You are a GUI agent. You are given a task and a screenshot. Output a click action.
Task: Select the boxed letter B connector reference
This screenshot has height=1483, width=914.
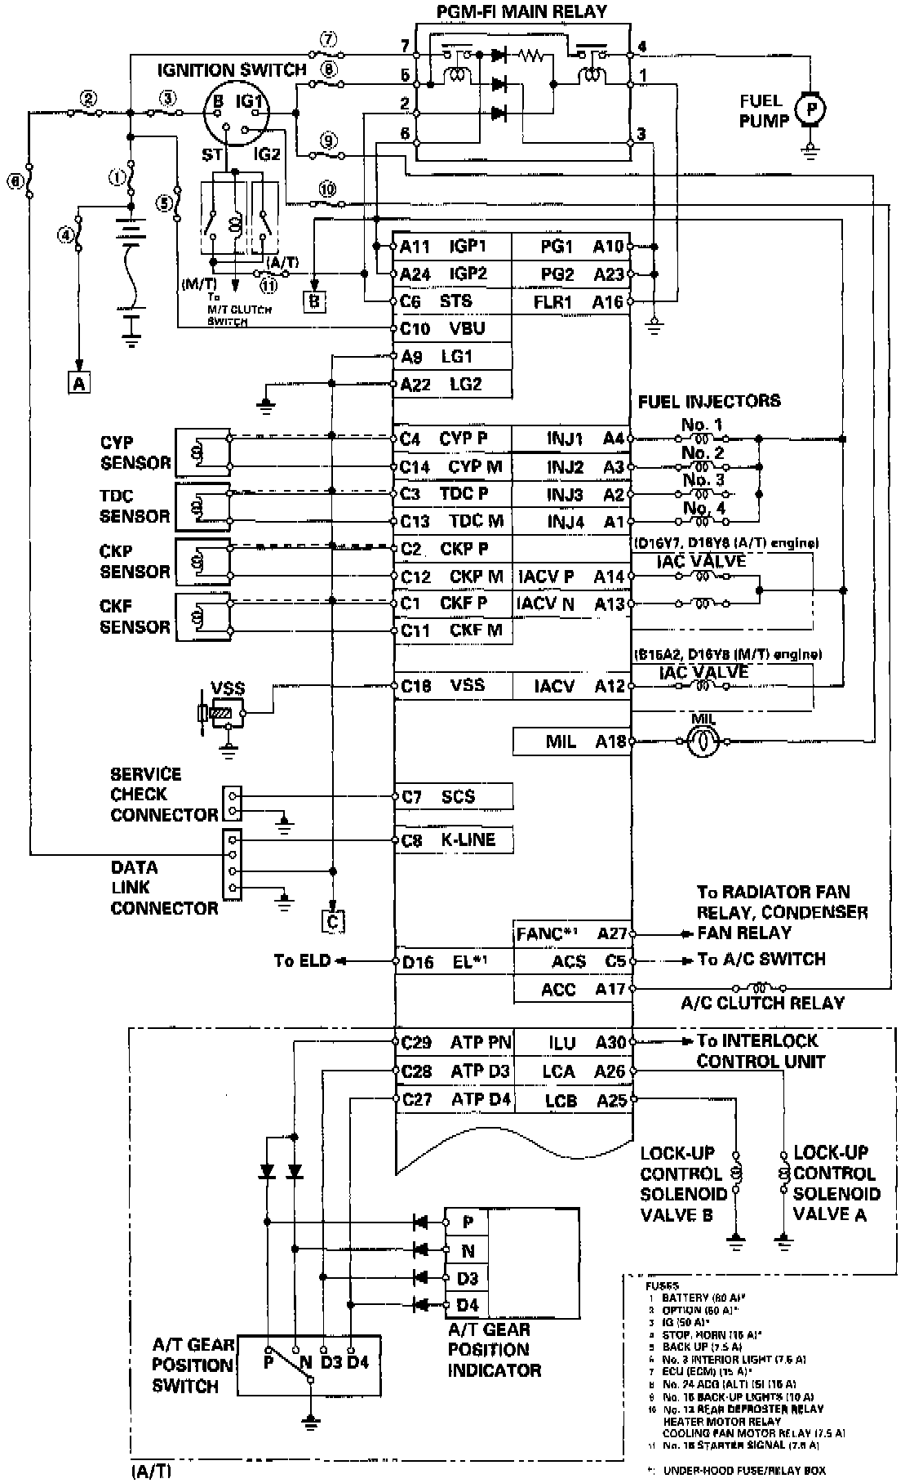314,301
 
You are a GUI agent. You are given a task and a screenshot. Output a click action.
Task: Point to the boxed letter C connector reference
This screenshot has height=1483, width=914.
332,920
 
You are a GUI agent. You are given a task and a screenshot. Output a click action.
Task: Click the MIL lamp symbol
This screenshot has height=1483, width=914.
701,741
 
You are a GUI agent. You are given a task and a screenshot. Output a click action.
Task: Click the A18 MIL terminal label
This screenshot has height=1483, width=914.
586,741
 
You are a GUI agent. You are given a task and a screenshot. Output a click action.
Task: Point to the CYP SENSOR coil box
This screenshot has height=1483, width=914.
202,452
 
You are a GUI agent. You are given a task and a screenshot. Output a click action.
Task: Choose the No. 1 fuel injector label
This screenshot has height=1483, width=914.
702,425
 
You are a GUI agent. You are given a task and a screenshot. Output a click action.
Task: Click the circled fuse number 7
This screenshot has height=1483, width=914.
328,39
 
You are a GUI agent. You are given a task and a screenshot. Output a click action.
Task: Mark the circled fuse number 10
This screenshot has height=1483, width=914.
328,189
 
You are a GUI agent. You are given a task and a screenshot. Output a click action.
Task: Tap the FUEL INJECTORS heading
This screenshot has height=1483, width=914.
708,401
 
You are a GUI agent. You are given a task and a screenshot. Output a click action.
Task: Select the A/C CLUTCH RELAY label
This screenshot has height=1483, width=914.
762,1003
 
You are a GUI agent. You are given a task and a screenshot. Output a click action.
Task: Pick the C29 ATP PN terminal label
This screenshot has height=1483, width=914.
456,1043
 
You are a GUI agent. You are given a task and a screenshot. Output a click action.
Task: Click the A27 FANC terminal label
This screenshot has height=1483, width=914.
571,933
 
